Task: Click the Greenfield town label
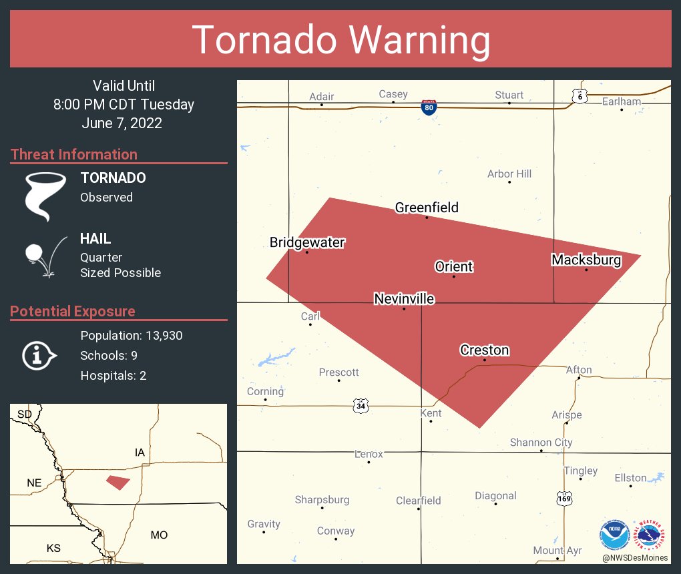[x=427, y=208]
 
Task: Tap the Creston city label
[x=484, y=350]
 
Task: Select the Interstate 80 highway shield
[x=430, y=107]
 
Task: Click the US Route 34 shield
[x=361, y=405]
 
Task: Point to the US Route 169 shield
[x=564, y=498]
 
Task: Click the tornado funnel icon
[x=45, y=196]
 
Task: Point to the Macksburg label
[x=586, y=260]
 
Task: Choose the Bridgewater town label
[x=307, y=242]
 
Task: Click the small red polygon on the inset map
[x=118, y=482]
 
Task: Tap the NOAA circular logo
[x=614, y=535]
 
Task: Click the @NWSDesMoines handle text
[x=634, y=557]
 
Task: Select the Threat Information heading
[x=74, y=154]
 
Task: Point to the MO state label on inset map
[x=159, y=535]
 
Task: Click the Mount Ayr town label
[x=557, y=551]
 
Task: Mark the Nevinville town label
[x=404, y=298]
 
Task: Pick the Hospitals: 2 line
[x=113, y=375]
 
